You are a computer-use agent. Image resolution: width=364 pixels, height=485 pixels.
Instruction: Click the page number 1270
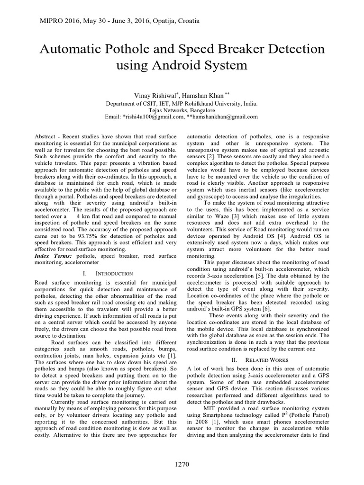pyautogui.click(x=182, y=465)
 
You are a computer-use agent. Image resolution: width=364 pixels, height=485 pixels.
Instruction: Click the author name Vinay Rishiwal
pyautogui.click(x=142, y=96)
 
